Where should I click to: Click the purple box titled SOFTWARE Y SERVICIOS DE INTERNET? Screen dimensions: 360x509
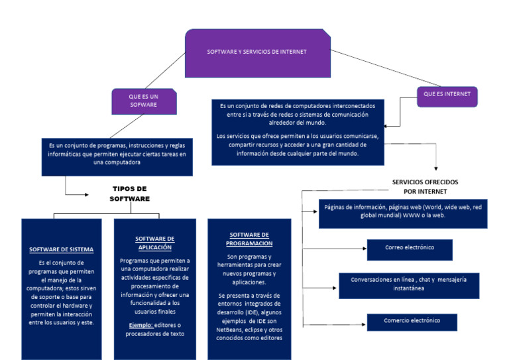257,52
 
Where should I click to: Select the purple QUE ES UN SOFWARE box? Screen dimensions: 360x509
143,101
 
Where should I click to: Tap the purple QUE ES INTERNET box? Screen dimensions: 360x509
447,95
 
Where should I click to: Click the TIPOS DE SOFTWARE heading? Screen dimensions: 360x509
130,194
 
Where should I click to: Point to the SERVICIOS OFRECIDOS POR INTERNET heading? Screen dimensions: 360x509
425,186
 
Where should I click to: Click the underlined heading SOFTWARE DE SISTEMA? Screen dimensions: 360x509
61,250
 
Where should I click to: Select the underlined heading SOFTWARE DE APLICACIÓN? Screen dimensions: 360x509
154,243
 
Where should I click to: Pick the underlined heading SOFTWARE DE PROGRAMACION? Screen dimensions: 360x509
250,239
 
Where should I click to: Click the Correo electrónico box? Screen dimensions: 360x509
409,248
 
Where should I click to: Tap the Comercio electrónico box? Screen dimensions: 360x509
412,321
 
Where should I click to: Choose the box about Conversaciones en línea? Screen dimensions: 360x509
408,284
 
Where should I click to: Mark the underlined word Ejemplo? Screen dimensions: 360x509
141,325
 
